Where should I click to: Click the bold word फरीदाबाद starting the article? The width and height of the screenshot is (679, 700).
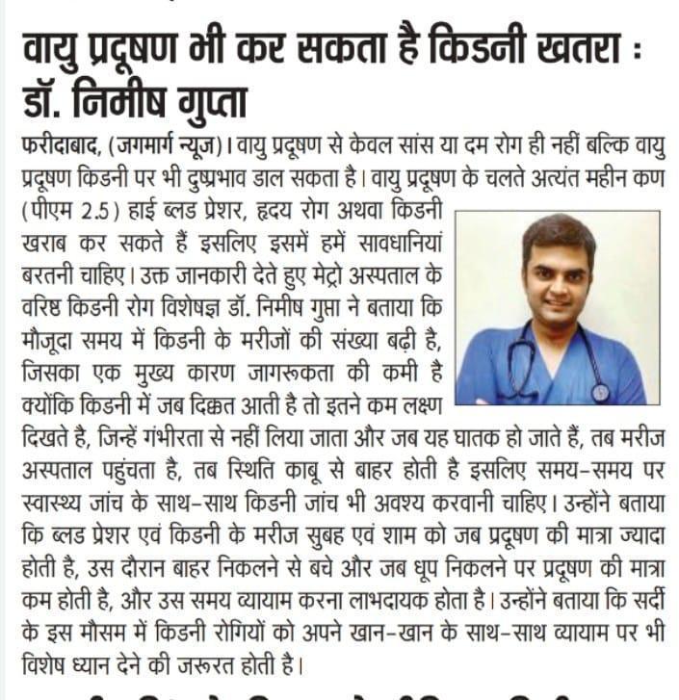(58, 146)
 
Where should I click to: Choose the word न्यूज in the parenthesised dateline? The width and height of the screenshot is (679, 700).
(198, 146)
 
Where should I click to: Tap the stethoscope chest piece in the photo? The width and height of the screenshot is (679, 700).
(600, 393)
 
